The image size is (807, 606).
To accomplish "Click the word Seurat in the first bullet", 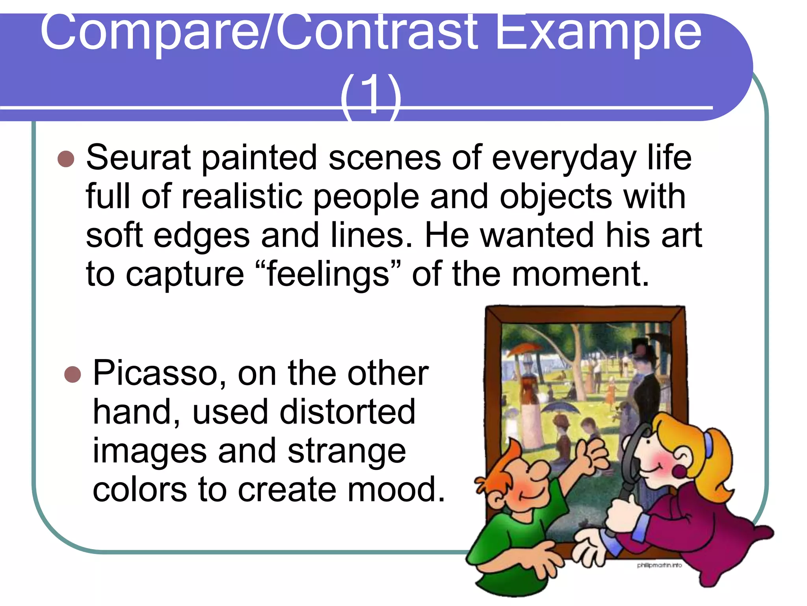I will [x=138, y=158].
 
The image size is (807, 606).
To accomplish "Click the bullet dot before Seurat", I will [x=66, y=159].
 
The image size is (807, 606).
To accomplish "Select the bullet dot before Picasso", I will [x=73, y=374].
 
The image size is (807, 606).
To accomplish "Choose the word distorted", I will [x=347, y=412].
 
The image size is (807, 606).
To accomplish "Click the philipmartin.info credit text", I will [x=659, y=565].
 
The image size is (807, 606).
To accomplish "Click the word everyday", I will [x=563, y=158].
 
